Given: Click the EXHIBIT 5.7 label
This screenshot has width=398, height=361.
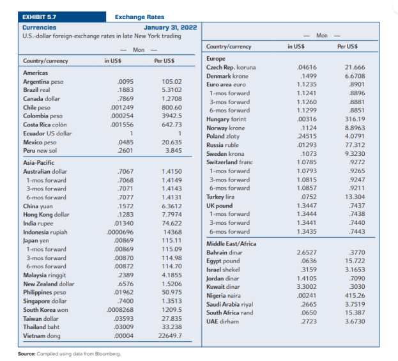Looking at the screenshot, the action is (x=40, y=17).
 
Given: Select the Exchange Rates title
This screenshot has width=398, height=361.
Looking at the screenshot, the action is (x=140, y=17).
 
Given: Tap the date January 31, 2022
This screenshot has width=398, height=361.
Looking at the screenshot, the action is (x=171, y=27).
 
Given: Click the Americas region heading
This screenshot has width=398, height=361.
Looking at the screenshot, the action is (x=36, y=73).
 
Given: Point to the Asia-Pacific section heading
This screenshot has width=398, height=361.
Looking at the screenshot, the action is (x=38, y=163).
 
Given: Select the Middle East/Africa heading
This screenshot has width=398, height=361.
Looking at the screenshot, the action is (x=231, y=243).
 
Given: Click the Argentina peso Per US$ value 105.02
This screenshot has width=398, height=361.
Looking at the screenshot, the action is (x=172, y=82).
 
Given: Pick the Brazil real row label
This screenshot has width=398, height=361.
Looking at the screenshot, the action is (x=36, y=90).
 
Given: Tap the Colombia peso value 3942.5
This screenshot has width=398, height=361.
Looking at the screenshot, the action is (x=172, y=116).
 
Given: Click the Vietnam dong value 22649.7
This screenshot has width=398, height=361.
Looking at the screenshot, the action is (x=170, y=335).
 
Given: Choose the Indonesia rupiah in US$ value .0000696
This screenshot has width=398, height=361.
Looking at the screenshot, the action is (x=120, y=232).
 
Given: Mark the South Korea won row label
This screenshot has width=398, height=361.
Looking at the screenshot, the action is (x=46, y=310).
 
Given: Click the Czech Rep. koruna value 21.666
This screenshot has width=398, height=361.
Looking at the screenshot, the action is (x=355, y=67).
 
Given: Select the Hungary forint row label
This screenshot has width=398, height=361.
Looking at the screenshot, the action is (x=226, y=119).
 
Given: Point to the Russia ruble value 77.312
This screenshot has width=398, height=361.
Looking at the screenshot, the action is (x=355, y=145).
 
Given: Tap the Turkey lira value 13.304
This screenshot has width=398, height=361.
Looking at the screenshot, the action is (x=355, y=197).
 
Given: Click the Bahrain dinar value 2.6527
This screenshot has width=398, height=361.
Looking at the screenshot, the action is (x=307, y=252).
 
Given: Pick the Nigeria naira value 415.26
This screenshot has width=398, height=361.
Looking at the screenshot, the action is (x=355, y=295).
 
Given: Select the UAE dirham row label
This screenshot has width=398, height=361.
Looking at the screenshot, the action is (x=222, y=321).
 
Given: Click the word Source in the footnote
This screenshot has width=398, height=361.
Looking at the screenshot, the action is (x=27, y=354).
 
